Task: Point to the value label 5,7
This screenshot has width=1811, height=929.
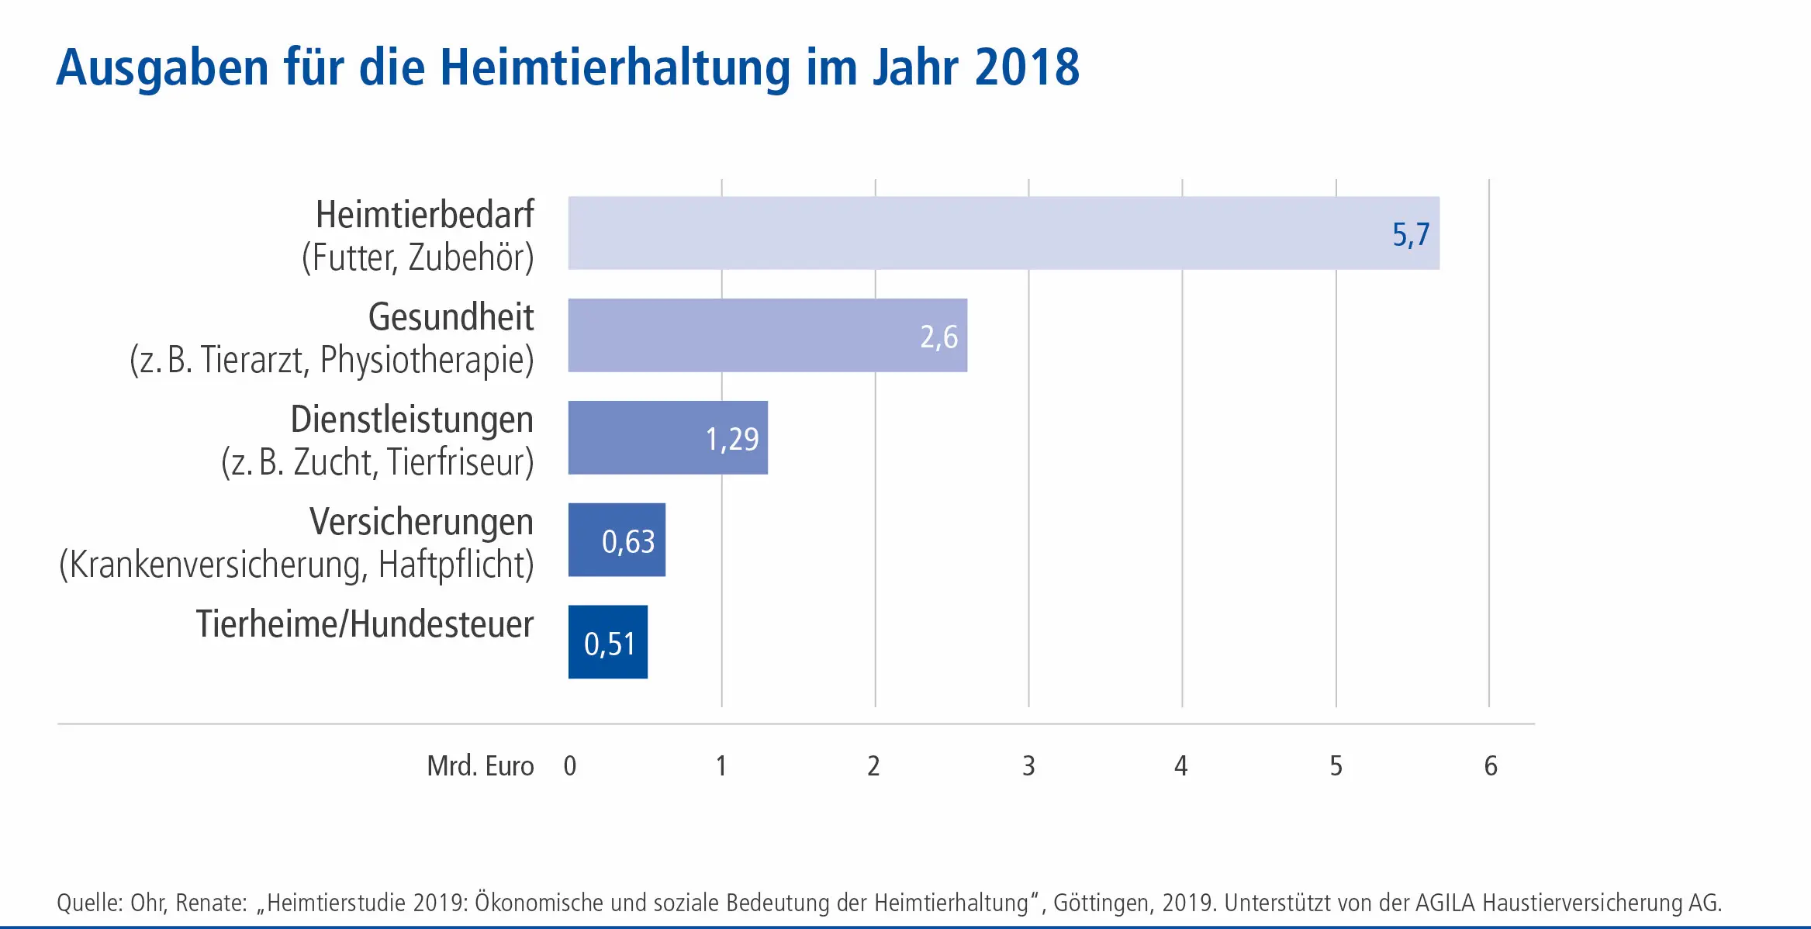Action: click(1411, 234)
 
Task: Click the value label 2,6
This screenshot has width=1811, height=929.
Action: click(938, 337)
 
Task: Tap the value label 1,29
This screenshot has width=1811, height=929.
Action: click(731, 439)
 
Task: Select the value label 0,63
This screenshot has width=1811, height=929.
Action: click(628, 541)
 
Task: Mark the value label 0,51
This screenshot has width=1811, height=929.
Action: click(610, 644)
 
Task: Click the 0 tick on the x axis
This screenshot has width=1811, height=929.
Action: click(570, 766)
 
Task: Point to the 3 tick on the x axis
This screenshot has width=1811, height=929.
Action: click(1028, 766)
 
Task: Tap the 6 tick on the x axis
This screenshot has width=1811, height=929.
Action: click(1490, 766)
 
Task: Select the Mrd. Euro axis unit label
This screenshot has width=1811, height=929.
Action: click(480, 766)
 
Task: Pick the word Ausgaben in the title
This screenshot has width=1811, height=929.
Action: click(163, 69)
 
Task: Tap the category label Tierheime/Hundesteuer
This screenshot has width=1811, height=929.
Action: click(365, 624)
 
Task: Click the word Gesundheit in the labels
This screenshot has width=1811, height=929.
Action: click(451, 317)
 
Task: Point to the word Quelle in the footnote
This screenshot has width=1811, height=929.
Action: click(88, 903)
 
